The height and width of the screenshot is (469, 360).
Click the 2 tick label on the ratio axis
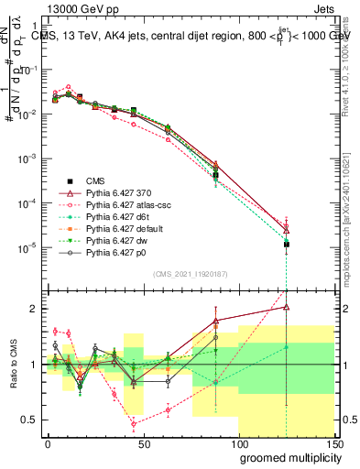[x=32, y=309]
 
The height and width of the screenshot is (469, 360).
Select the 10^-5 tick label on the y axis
[x=26, y=247]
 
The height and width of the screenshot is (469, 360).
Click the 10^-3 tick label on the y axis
[x=26, y=158]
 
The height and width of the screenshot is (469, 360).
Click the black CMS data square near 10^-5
[x=287, y=245]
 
